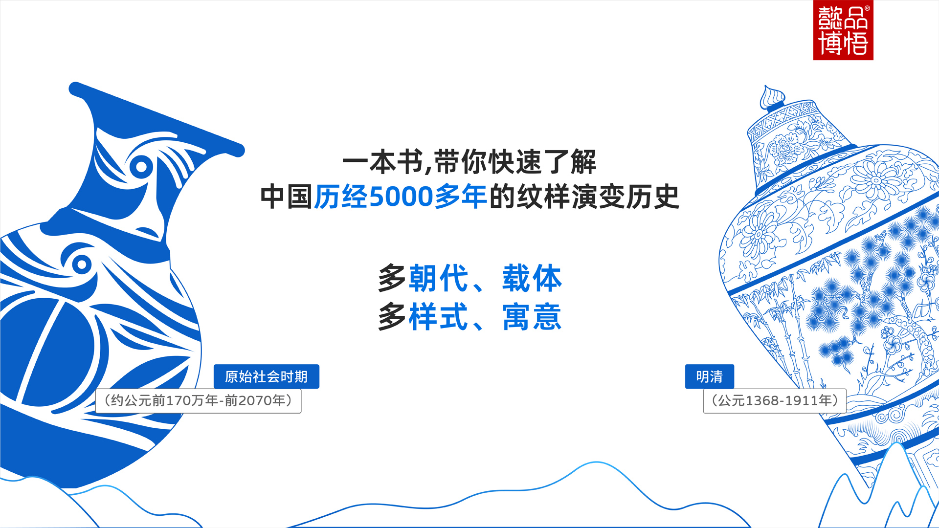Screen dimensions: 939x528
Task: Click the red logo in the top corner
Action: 843,30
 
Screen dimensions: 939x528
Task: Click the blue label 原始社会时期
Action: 267,376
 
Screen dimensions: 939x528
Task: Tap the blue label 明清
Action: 710,376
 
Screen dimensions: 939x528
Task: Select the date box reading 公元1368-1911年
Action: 775,401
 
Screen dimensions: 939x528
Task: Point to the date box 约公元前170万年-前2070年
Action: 198,401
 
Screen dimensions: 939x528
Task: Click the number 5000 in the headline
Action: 401,197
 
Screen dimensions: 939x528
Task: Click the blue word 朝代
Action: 439,278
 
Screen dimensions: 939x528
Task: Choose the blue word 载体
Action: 532,278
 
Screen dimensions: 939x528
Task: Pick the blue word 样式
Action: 439,317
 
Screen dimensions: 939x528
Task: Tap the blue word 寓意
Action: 532,317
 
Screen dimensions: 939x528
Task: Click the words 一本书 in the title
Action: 383,162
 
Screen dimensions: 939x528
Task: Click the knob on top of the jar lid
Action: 772,97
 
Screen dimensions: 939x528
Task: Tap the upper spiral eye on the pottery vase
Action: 141,167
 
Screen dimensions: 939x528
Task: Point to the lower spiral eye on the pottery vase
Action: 82,264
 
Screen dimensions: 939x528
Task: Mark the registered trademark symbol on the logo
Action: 868,8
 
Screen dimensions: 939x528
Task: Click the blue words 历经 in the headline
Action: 341,197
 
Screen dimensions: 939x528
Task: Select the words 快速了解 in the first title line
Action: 542,162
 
